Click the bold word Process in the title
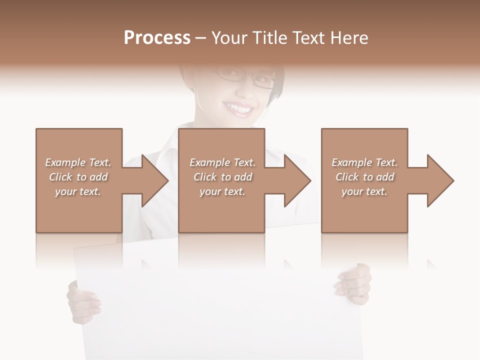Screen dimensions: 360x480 coord(157,38)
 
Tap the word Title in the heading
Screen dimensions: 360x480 coord(272,38)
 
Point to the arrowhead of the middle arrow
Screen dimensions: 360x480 coord(296,180)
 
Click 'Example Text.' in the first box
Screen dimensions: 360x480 coord(78,162)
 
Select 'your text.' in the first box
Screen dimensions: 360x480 coord(78,191)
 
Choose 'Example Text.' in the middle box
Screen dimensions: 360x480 coord(222,162)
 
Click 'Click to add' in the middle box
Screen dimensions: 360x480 coord(222,177)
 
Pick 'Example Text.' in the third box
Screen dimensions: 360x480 coord(364,162)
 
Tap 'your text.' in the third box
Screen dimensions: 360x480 coord(364,191)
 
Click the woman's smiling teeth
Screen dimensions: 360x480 coord(239,107)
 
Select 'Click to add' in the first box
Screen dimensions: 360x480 coord(78,177)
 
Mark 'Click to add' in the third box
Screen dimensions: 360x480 coord(364,177)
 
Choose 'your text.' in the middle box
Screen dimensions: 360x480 coord(222,191)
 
